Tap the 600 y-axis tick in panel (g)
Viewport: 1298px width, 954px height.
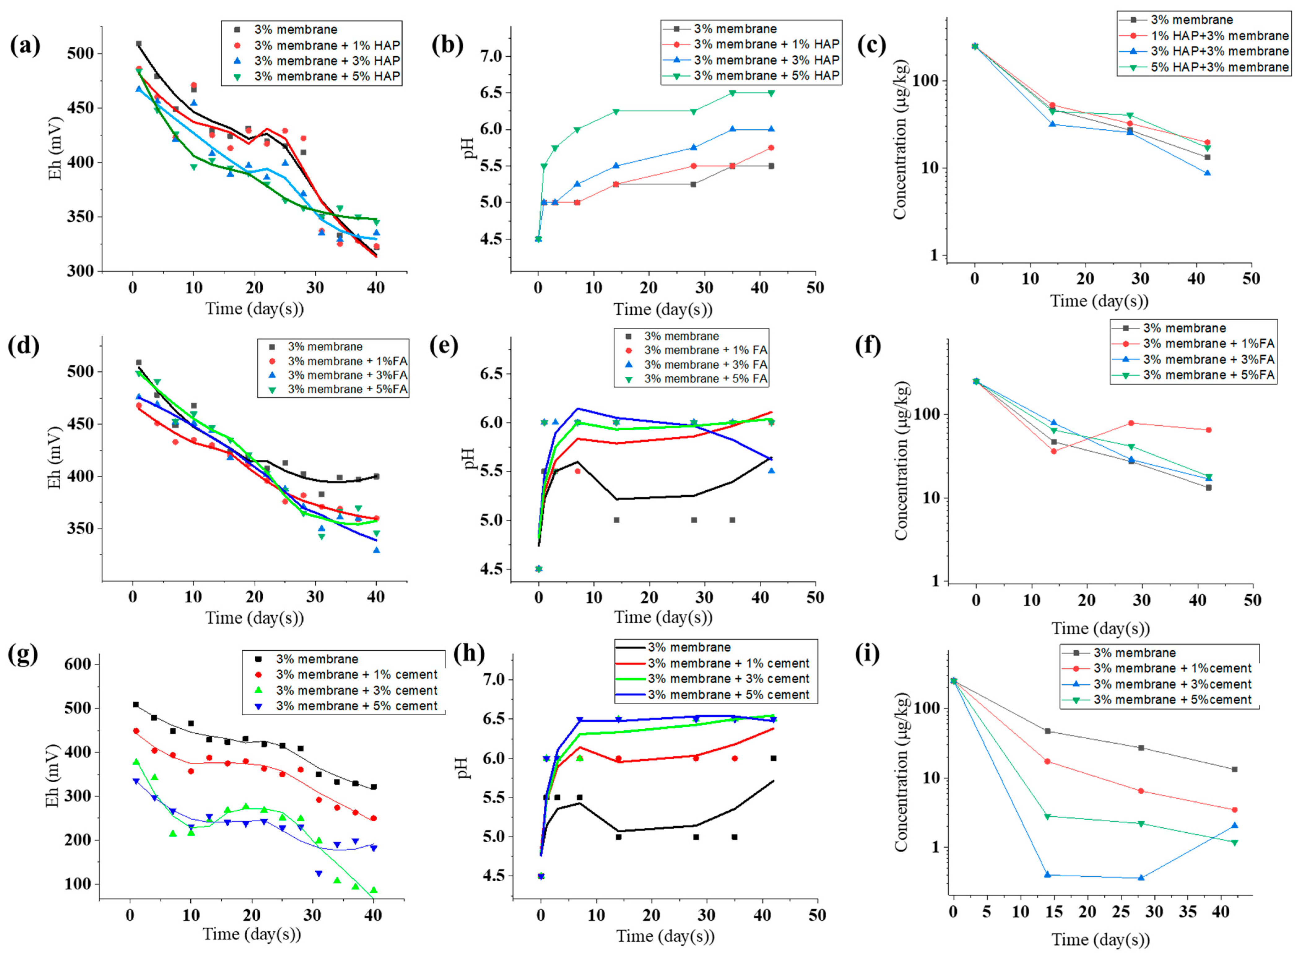point(77,664)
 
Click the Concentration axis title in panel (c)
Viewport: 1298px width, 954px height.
point(900,140)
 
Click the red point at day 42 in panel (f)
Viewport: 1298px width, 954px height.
point(1209,430)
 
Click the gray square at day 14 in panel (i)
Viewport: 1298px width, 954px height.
point(1047,731)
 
